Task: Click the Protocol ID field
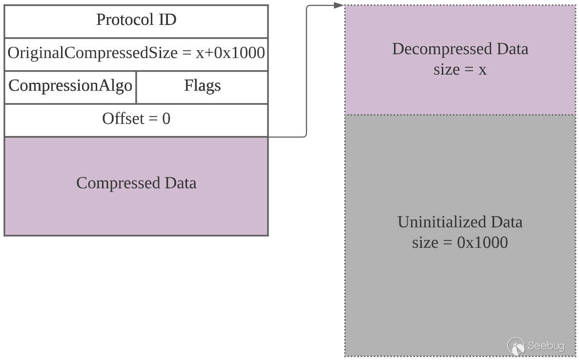[x=136, y=20]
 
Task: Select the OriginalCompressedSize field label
[x=93, y=53]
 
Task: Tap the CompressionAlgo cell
[x=70, y=86]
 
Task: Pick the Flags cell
[x=202, y=86]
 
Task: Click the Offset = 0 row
[x=136, y=119]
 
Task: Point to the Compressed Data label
[x=136, y=183]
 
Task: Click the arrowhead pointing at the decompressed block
[x=339, y=5]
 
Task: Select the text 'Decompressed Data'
[x=460, y=49]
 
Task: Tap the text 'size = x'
[x=460, y=70]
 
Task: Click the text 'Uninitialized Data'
[x=460, y=222]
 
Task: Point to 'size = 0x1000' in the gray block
[x=460, y=242]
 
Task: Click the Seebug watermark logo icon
[x=516, y=346]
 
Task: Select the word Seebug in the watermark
[x=546, y=346]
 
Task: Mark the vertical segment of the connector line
[x=307, y=73]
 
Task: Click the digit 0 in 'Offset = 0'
[x=166, y=119]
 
